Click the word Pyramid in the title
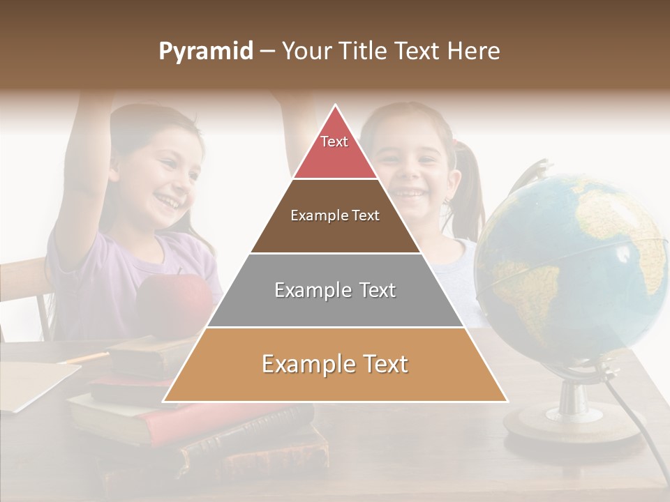tap(206, 52)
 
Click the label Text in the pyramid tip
tap(334, 142)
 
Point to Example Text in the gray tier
tap(335, 290)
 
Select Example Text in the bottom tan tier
tap(335, 364)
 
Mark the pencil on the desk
tap(84, 358)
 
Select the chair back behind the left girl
tap(24, 293)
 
